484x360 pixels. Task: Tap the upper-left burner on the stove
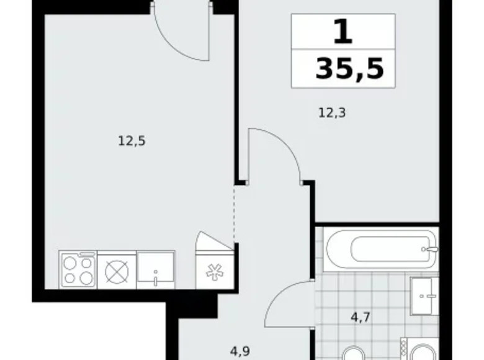pos(69,261)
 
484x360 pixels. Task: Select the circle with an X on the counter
pos(116,271)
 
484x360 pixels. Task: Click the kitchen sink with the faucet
pos(155,271)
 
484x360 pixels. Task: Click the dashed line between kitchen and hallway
pos(234,214)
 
